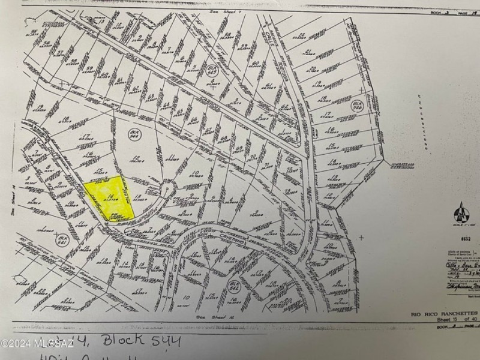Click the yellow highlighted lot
coord(108,197)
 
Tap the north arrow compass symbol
coord(460,211)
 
